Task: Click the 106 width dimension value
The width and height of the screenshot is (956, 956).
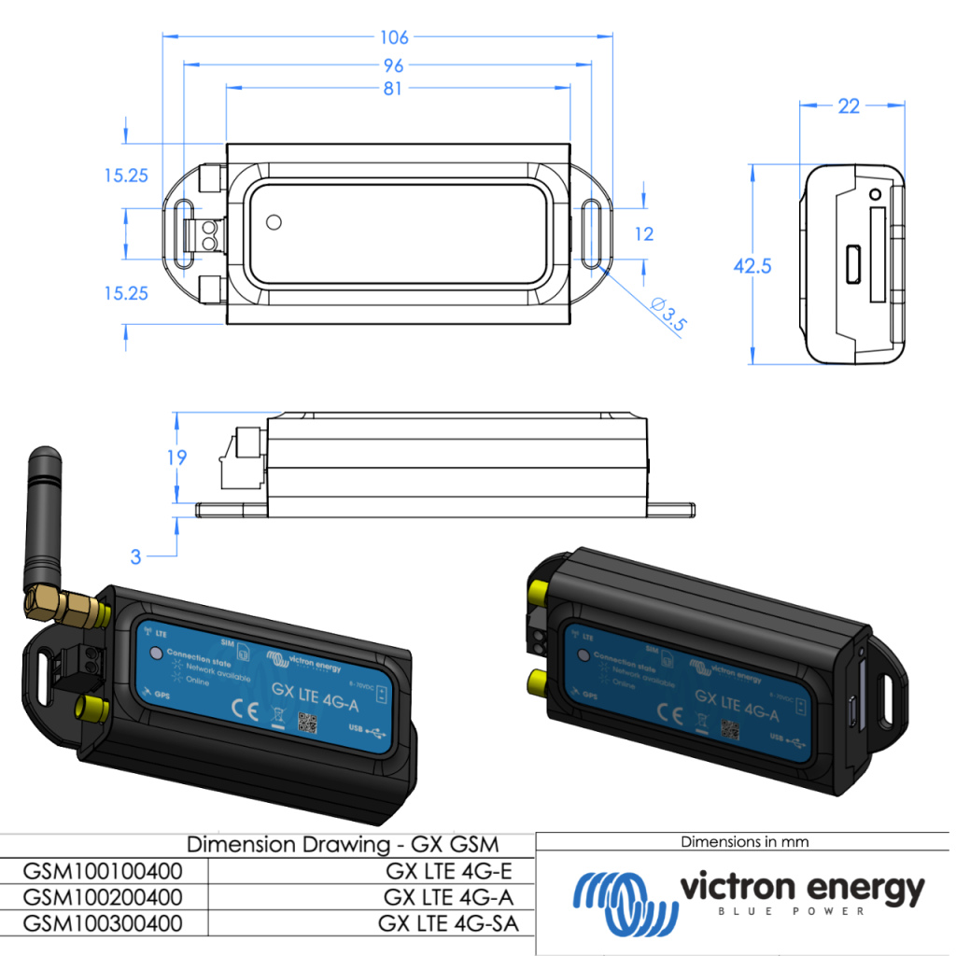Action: coord(394,37)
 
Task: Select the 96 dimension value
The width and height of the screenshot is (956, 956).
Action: coord(394,65)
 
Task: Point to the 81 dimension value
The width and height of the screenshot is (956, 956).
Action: coord(392,89)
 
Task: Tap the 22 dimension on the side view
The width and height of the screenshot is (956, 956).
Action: coord(848,106)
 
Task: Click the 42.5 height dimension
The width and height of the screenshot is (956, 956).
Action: coord(752,266)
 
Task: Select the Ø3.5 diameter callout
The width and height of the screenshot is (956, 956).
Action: coord(668,315)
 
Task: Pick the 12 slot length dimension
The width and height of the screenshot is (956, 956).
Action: coord(644,233)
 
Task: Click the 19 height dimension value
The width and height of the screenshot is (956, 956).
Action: coord(176,457)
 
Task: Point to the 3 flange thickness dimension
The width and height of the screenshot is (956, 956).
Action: coord(136,556)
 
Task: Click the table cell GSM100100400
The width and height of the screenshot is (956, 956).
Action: coord(103,872)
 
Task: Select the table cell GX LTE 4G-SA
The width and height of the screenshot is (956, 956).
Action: coord(448,923)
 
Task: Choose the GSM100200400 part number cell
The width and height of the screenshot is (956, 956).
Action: coord(103,897)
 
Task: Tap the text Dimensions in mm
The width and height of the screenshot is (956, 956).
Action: coord(744,842)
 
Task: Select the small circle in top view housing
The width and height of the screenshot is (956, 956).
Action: coord(274,222)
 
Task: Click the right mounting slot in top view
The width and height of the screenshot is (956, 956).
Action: coord(592,233)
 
